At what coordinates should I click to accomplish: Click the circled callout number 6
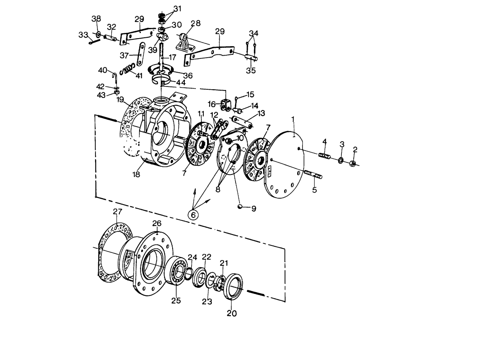(193, 215)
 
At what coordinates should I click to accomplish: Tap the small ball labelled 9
(240, 207)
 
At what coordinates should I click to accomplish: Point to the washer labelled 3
(341, 160)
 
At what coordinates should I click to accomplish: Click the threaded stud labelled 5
(313, 175)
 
